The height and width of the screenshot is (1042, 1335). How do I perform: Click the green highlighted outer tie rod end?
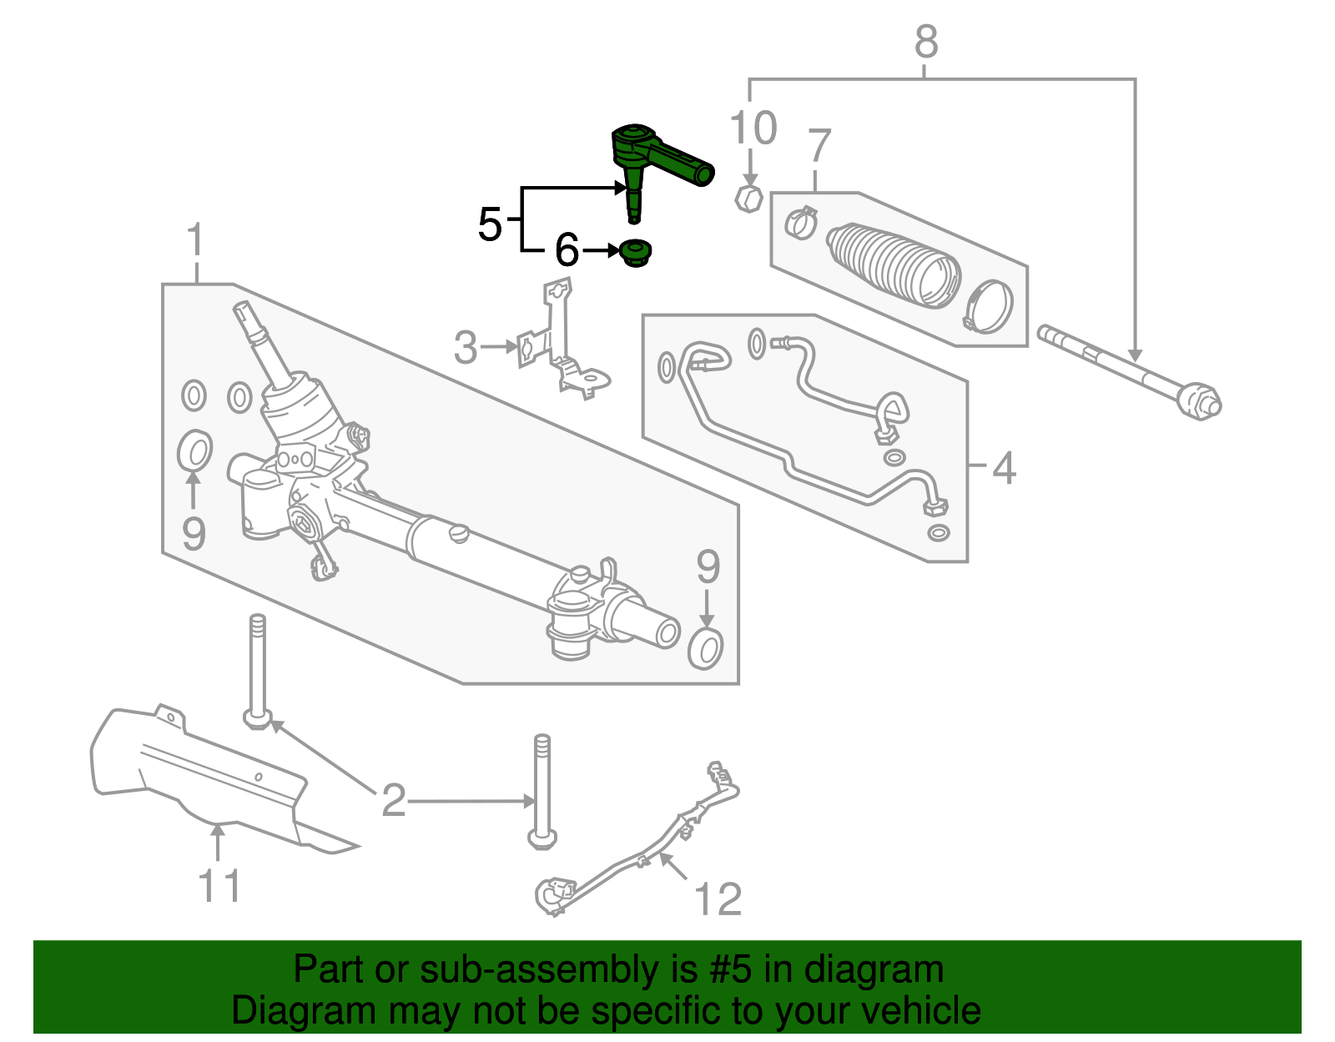click(x=659, y=159)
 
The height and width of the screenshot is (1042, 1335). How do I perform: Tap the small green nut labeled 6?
click(x=636, y=252)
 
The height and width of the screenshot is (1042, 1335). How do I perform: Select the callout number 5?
click(x=491, y=224)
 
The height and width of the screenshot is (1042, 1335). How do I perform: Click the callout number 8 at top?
click(x=926, y=42)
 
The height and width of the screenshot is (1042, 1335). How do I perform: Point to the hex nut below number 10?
click(x=748, y=199)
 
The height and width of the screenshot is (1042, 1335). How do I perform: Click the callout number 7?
click(x=819, y=146)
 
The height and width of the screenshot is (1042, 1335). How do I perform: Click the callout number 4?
click(x=1004, y=468)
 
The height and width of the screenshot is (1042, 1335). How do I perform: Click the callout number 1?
click(x=195, y=240)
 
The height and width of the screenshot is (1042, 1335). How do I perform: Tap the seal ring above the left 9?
click(x=195, y=451)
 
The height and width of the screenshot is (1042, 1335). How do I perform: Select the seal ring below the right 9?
click(x=706, y=649)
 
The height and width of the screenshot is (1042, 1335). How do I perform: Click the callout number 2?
click(x=393, y=801)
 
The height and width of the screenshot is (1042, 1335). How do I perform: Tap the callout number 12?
click(x=718, y=899)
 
